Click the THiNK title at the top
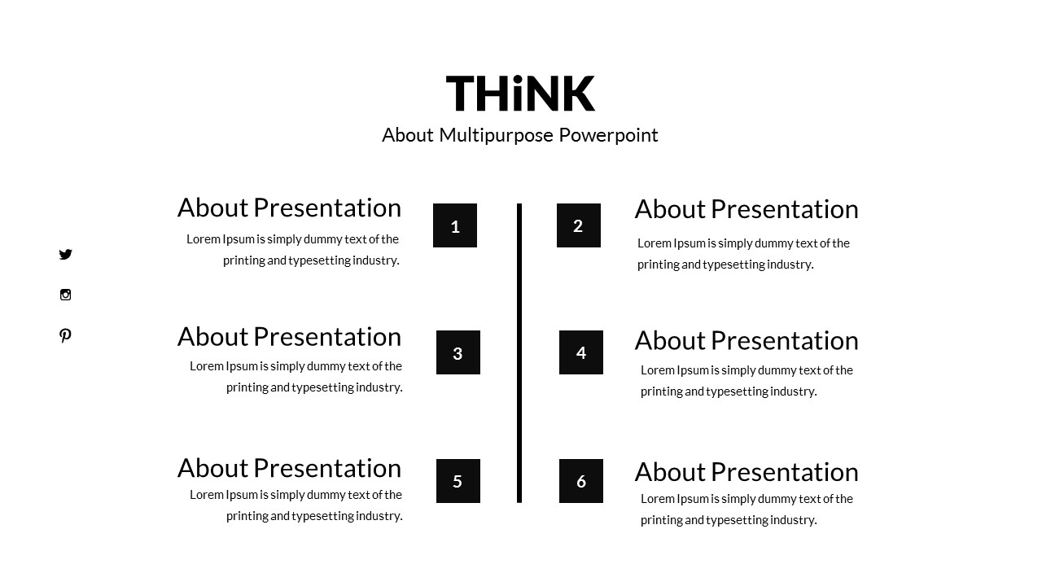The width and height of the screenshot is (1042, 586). click(x=520, y=93)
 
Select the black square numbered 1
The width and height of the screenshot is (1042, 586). click(x=455, y=225)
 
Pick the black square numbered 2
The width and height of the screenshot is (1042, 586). click(x=579, y=225)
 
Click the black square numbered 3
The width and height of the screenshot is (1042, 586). click(x=458, y=352)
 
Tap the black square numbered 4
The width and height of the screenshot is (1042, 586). click(x=581, y=352)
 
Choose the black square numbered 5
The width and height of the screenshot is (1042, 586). click(x=458, y=481)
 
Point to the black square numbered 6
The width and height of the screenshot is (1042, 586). click(x=581, y=481)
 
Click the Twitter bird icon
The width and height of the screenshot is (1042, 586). click(x=66, y=255)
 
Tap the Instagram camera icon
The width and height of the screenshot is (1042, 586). click(x=66, y=295)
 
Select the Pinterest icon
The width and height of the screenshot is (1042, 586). click(x=65, y=335)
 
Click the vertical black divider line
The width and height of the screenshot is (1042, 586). click(x=519, y=353)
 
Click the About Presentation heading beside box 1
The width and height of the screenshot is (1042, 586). click(x=289, y=208)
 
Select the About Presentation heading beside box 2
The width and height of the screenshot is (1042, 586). click(x=746, y=209)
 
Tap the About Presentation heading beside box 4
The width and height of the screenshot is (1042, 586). click(x=746, y=340)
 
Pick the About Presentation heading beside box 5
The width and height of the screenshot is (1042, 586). click(x=289, y=468)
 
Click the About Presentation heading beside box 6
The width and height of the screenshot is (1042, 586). click(x=746, y=472)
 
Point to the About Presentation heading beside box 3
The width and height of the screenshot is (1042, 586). click(x=289, y=336)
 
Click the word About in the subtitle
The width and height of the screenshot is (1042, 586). click(x=407, y=135)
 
